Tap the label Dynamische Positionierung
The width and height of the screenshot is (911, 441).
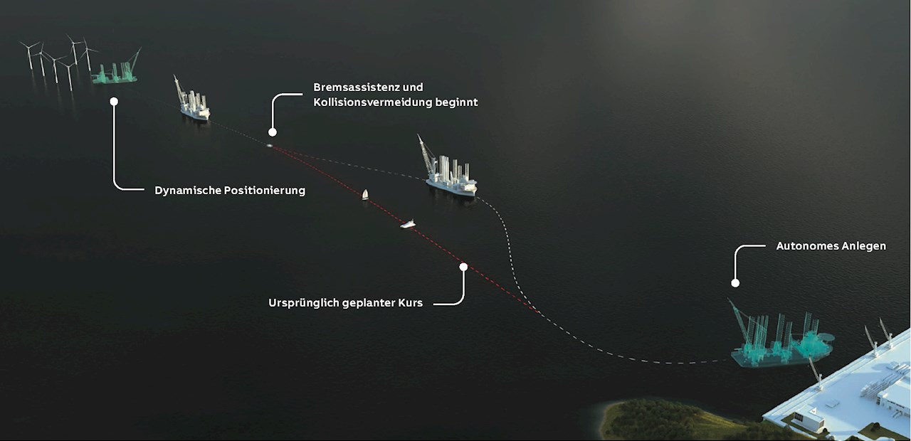coord(230,190)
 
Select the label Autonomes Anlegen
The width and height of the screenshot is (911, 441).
coord(831,246)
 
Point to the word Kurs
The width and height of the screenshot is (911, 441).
coord(411,303)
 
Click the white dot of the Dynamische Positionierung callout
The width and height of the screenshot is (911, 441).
coord(114,101)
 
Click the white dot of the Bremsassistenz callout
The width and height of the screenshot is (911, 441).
coord(273,132)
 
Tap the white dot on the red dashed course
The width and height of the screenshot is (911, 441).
coord(463,267)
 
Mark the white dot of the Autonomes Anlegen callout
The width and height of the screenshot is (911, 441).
coord(735,283)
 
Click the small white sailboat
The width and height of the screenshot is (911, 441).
coord(365,195)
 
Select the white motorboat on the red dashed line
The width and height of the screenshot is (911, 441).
coord(408,224)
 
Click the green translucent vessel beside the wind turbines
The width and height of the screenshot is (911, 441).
coord(115,68)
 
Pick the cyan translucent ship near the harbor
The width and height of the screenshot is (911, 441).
coord(780,335)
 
